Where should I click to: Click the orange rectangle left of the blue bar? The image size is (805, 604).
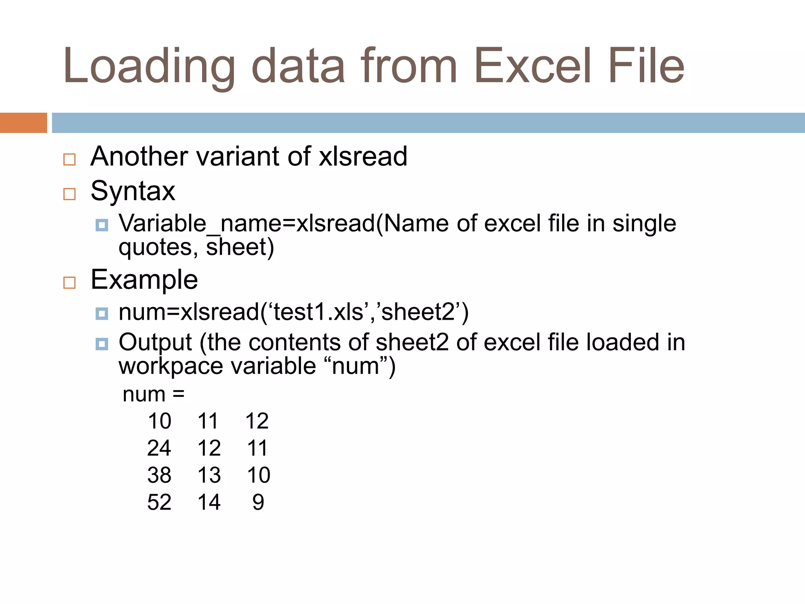pos(23,123)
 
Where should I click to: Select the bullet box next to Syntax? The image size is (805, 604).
pos(70,194)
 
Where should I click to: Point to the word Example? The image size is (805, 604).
pos(144,280)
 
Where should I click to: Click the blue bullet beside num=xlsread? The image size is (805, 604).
pos(102,313)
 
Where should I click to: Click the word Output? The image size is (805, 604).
pos(155,342)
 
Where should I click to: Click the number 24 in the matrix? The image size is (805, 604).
pos(159,448)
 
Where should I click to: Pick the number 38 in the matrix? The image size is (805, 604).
pos(159,475)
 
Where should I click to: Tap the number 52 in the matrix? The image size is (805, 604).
pos(159,502)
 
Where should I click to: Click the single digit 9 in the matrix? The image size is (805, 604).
pos(258,502)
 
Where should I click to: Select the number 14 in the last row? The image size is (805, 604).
pos(209,502)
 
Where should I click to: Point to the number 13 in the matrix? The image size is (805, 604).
pos(209,475)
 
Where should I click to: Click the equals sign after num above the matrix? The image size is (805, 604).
pos(178,394)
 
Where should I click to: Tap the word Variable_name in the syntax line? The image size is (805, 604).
pos(200,224)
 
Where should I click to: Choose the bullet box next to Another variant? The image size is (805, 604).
pos(70,159)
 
